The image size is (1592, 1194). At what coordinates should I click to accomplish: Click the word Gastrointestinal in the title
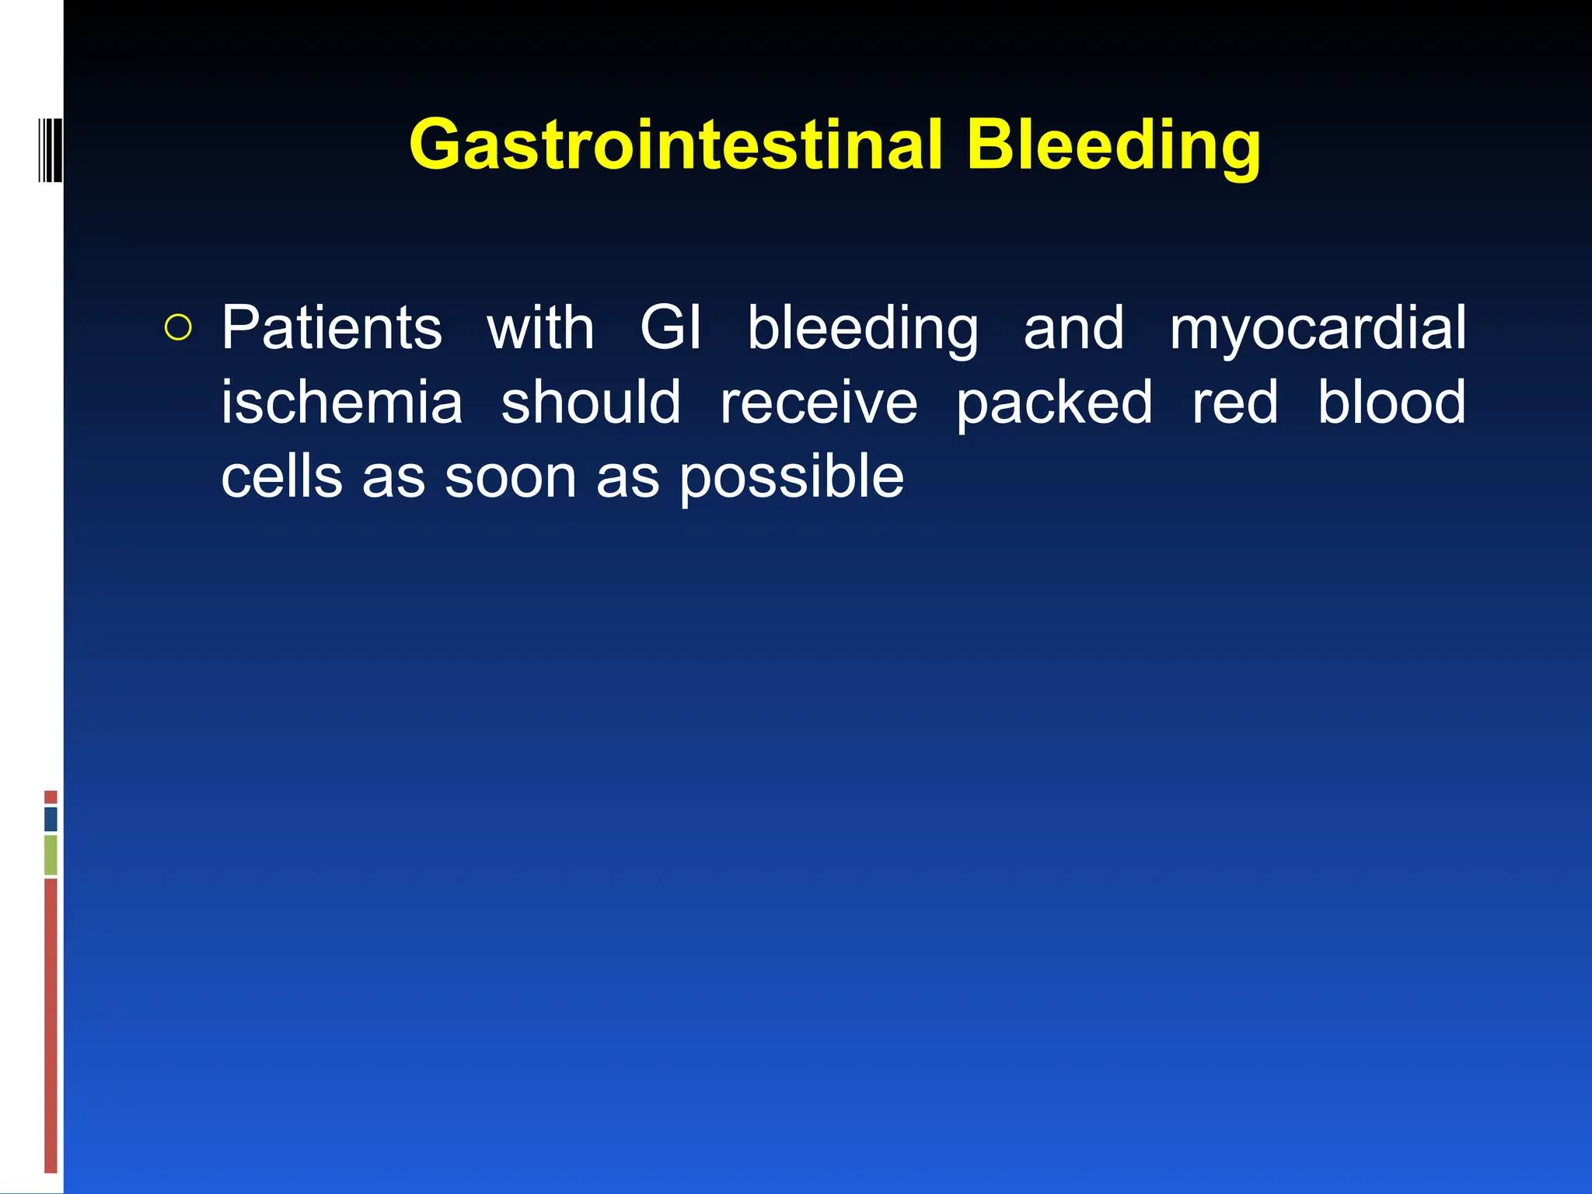pyautogui.click(x=675, y=145)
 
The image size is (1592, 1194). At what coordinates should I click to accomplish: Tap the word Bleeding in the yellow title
pyautogui.click(x=1113, y=145)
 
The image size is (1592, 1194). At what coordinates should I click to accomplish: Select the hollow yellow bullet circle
pyautogui.click(x=178, y=328)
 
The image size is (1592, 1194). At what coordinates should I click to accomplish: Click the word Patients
pyautogui.click(x=332, y=328)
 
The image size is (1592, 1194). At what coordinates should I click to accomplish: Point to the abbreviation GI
pyautogui.click(x=670, y=328)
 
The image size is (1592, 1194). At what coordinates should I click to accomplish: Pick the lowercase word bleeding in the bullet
pyautogui.click(x=862, y=328)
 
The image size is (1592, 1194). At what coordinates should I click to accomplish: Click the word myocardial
pyautogui.click(x=1318, y=328)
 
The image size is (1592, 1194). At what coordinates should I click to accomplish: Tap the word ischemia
pyautogui.click(x=342, y=403)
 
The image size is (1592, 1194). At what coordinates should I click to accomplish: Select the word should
pyautogui.click(x=591, y=403)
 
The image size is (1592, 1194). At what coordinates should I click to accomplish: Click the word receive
pyautogui.click(x=818, y=403)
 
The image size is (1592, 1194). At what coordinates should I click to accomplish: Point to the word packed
pyautogui.click(x=1054, y=403)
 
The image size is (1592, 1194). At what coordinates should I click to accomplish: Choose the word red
pyautogui.click(x=1234, y=403)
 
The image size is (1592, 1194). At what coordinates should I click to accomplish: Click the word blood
pyautogui.click(x=1391, y=403)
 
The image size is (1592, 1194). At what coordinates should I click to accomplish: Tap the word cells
pyautogui.click(x=281, y=477)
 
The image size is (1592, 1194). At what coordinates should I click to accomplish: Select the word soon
pyautogui.click(x=510, y=477)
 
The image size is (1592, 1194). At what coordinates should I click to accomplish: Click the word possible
pyautogui.click(x=791, y=477)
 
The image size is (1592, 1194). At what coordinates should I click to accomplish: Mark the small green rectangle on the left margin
pyautogui.click(x=51, y=854)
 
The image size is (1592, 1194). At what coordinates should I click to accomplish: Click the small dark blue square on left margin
pyautogui.click(x=51, y=819)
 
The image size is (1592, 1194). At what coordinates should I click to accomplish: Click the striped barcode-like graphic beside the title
pyautogui.click(x=50, y=149)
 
